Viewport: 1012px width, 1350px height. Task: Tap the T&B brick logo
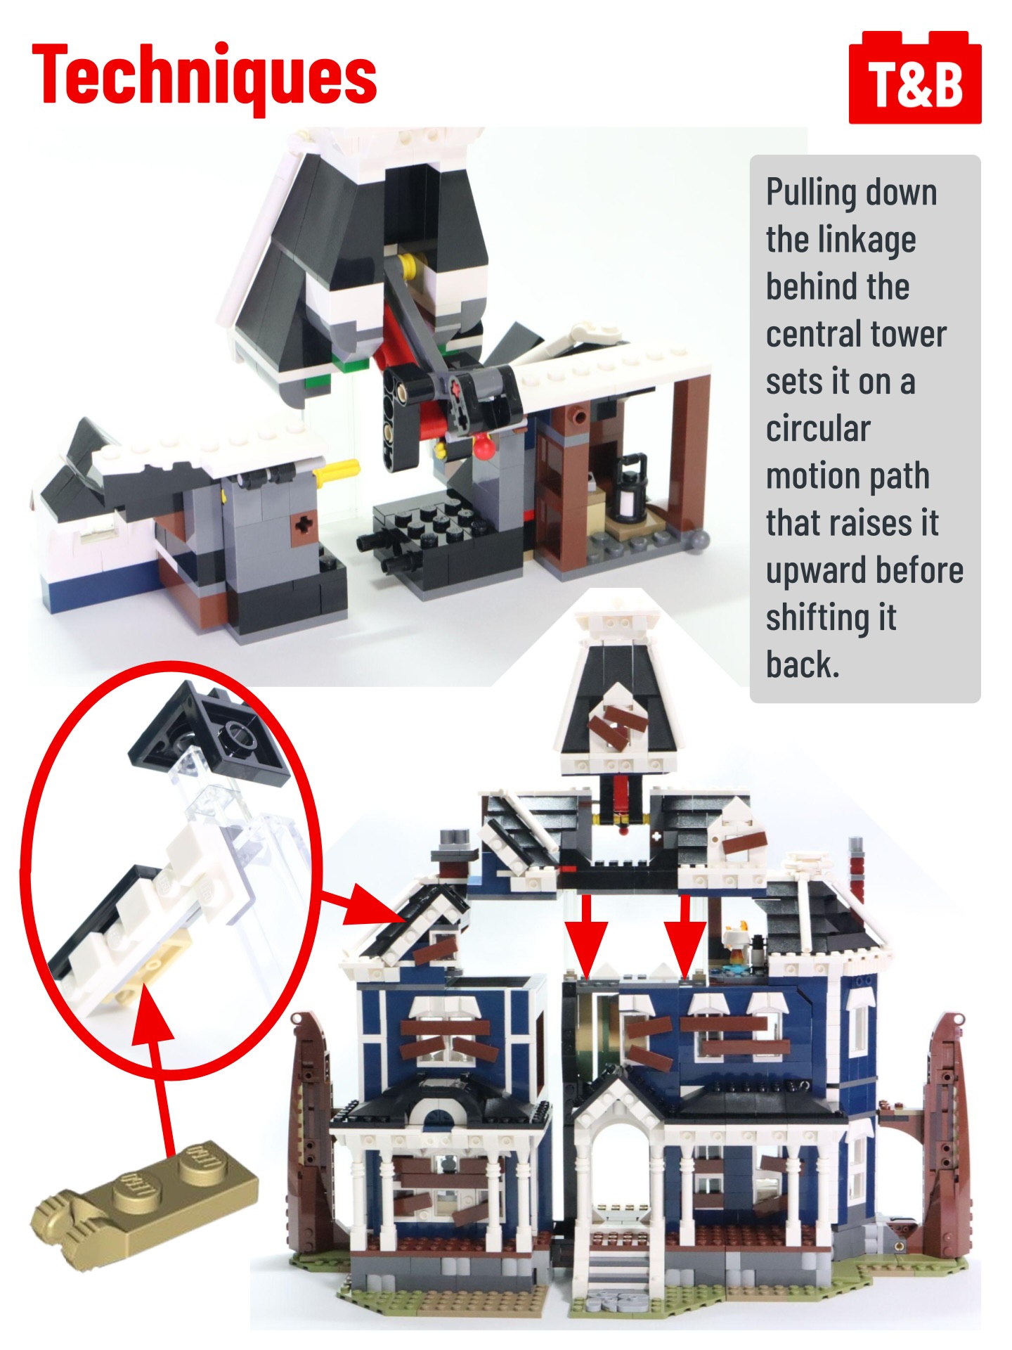[x=915, y=77]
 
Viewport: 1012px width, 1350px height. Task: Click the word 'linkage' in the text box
[x=841, y=240]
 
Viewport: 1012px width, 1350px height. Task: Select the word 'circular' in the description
[x=818, y=428]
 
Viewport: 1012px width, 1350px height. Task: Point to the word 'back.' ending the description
[x=803, y=664]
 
